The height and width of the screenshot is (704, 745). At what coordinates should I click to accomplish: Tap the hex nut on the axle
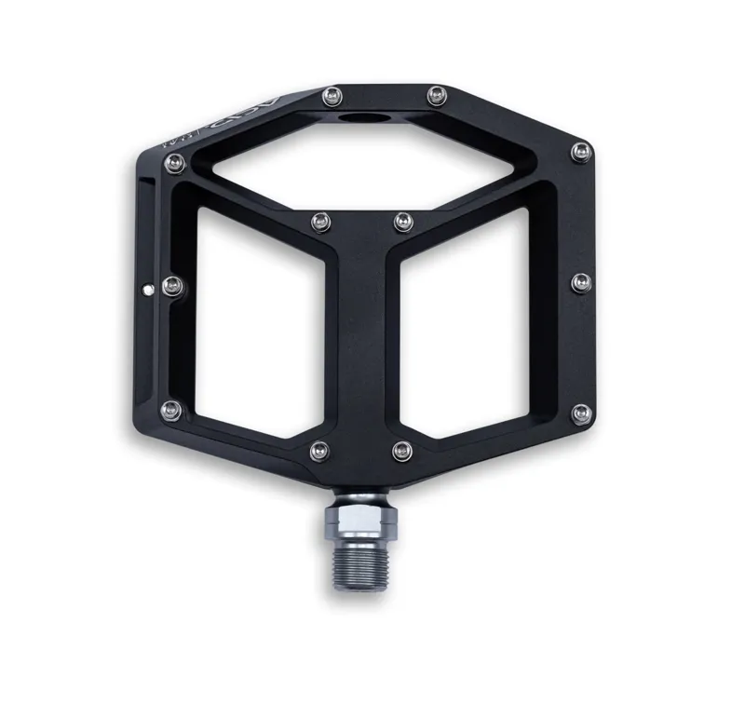point(355,518)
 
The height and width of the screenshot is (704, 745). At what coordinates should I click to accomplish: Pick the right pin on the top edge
point(434,93)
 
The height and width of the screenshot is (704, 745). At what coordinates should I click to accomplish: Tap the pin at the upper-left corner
point(172,165)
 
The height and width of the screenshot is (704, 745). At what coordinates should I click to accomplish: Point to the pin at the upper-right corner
point(581,150)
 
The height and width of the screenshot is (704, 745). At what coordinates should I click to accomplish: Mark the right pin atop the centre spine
point(401,221)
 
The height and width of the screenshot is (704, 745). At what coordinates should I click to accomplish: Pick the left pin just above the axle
point(319,451)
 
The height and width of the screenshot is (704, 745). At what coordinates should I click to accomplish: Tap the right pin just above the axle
point(401,452)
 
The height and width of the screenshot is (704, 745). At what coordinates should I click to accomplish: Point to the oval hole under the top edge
point(359,121)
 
